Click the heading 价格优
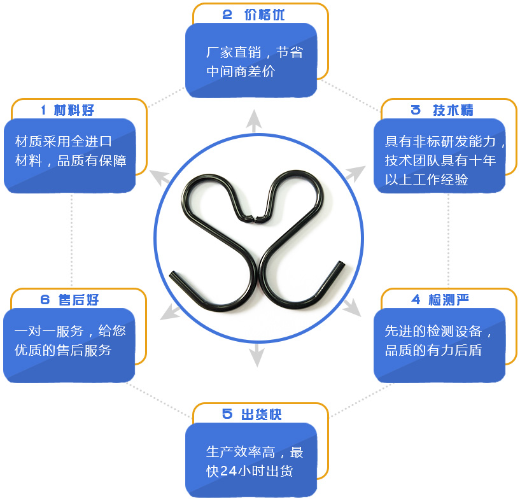coord(264,15)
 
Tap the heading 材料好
coord(74,110)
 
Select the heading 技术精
coord(453,110)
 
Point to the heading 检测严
coord(449,300)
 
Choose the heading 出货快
coord(262,414)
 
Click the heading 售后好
coord(78,300)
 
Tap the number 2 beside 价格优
coord(227,15)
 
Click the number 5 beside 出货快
coord(227,414)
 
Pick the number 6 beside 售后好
coord(45,300)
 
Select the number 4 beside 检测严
coord(416,300)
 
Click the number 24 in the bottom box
coord(228,471)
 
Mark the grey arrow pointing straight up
coord(254,121)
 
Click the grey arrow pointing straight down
coord(256,355)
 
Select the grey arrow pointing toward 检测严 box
coord(351,307)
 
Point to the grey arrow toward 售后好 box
coord(171,312)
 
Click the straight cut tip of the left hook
coord(172,274)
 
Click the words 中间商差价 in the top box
coord(241,71)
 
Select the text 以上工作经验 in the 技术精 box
coord(426,179)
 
